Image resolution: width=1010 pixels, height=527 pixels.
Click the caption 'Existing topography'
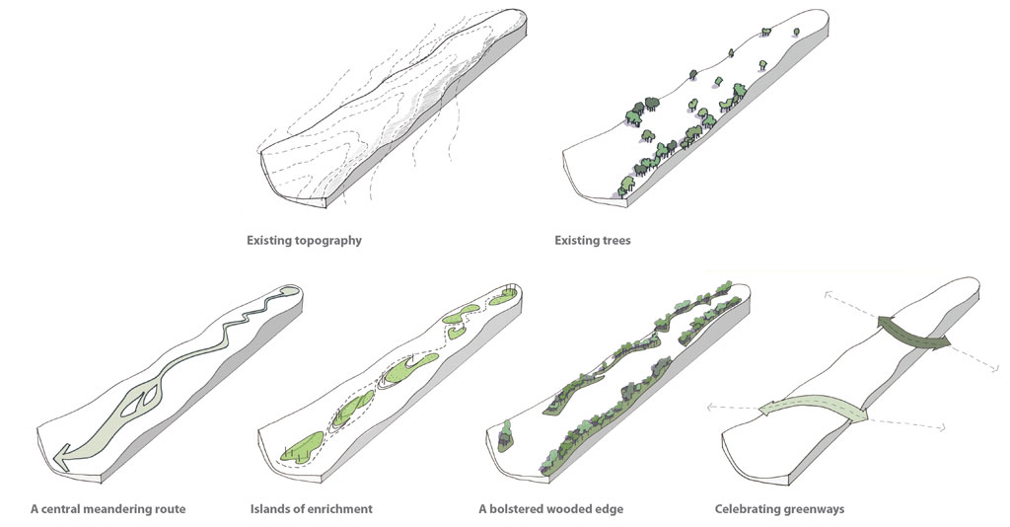coord(304,240)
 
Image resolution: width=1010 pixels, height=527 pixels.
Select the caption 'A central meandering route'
coord(108,509)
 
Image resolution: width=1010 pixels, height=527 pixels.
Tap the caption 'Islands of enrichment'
coord(312,509)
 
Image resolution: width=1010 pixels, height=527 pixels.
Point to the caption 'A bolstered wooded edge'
coord(550,509)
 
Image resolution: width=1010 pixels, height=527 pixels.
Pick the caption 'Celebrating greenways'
coord(779,509)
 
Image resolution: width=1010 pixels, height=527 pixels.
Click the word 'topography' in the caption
coord(327,240)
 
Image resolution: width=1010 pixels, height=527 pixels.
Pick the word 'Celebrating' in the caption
coord(747,509)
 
